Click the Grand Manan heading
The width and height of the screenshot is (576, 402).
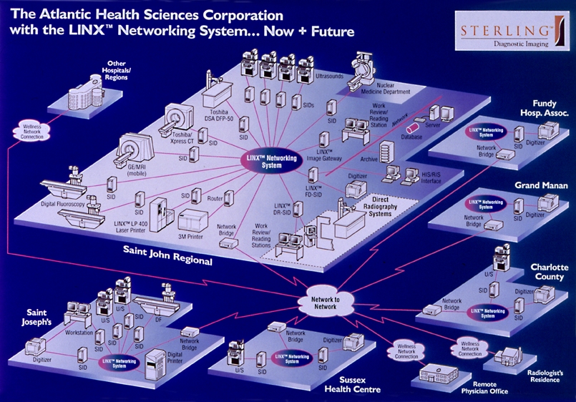click(542, 185)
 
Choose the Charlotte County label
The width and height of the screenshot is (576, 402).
click(549, 272)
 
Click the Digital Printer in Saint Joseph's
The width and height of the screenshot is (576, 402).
click(157, 365)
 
